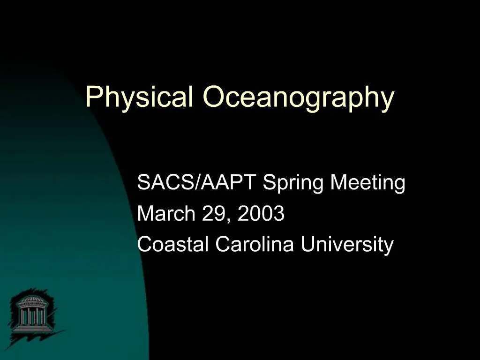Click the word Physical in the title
pos(139,97)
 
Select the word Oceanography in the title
pos(298,97)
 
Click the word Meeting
pos(367,182)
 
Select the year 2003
pos(261,214)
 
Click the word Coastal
pos(173,244)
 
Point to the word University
pos(347,244)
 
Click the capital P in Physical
pos(92,97)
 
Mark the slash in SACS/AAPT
pos(200,182)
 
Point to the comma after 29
pos(229,219)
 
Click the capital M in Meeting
pos(338,182)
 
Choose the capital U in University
pos(307,244)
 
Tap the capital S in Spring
pos(269,182)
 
